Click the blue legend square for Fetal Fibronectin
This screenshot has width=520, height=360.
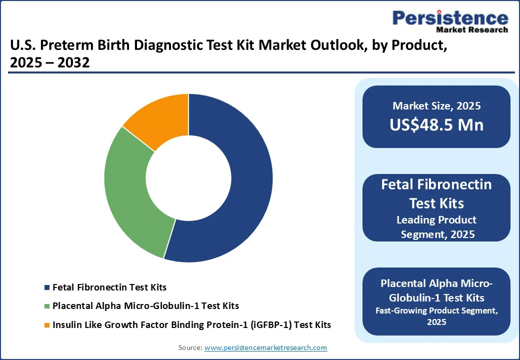[47, 287]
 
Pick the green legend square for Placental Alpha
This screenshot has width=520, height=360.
[47, 306]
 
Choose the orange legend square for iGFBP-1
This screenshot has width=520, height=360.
[47, 325]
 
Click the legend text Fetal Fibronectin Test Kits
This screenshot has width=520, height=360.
[109, 287]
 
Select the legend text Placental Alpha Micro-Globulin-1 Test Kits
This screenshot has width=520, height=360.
[145, 306]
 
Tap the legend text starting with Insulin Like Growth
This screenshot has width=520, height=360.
[191, 325]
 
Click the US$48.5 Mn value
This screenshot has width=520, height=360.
[436, 125]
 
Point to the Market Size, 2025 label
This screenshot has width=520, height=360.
[436, 105]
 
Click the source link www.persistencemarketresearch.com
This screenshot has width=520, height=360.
[265, 347]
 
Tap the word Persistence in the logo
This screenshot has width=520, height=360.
[450, 18]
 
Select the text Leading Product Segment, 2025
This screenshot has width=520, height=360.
[436, 227]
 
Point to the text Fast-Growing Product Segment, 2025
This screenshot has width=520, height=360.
[436, 316]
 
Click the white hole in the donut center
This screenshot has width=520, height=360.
[188, 177]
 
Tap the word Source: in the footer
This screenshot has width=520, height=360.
[190, 347]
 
